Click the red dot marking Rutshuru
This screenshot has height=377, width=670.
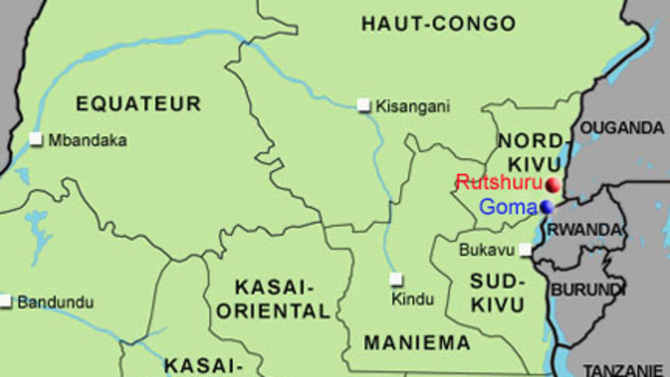coord(553,184)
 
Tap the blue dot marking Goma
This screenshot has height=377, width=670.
coord(546,207)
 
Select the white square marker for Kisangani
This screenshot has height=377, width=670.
coord(364,105)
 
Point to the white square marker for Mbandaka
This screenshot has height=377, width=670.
coord(36,140)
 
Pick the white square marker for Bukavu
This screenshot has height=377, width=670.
coord(525,250)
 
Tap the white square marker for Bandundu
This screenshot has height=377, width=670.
coord(6,301)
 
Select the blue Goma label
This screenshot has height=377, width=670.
coord(509,207)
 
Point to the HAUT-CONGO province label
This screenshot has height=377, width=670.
coord(438,24)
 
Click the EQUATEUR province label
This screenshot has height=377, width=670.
coord(138,104)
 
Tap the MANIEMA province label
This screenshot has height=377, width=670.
coord(416,343)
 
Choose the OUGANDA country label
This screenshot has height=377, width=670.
coord(621,128)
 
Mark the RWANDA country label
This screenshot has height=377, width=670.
coord(587,230)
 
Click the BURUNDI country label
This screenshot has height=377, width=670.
coord(588,289)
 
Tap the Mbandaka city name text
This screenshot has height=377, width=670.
coord(87,140)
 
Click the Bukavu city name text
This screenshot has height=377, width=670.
coord(486,250)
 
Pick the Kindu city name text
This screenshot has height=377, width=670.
coord(412,299)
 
